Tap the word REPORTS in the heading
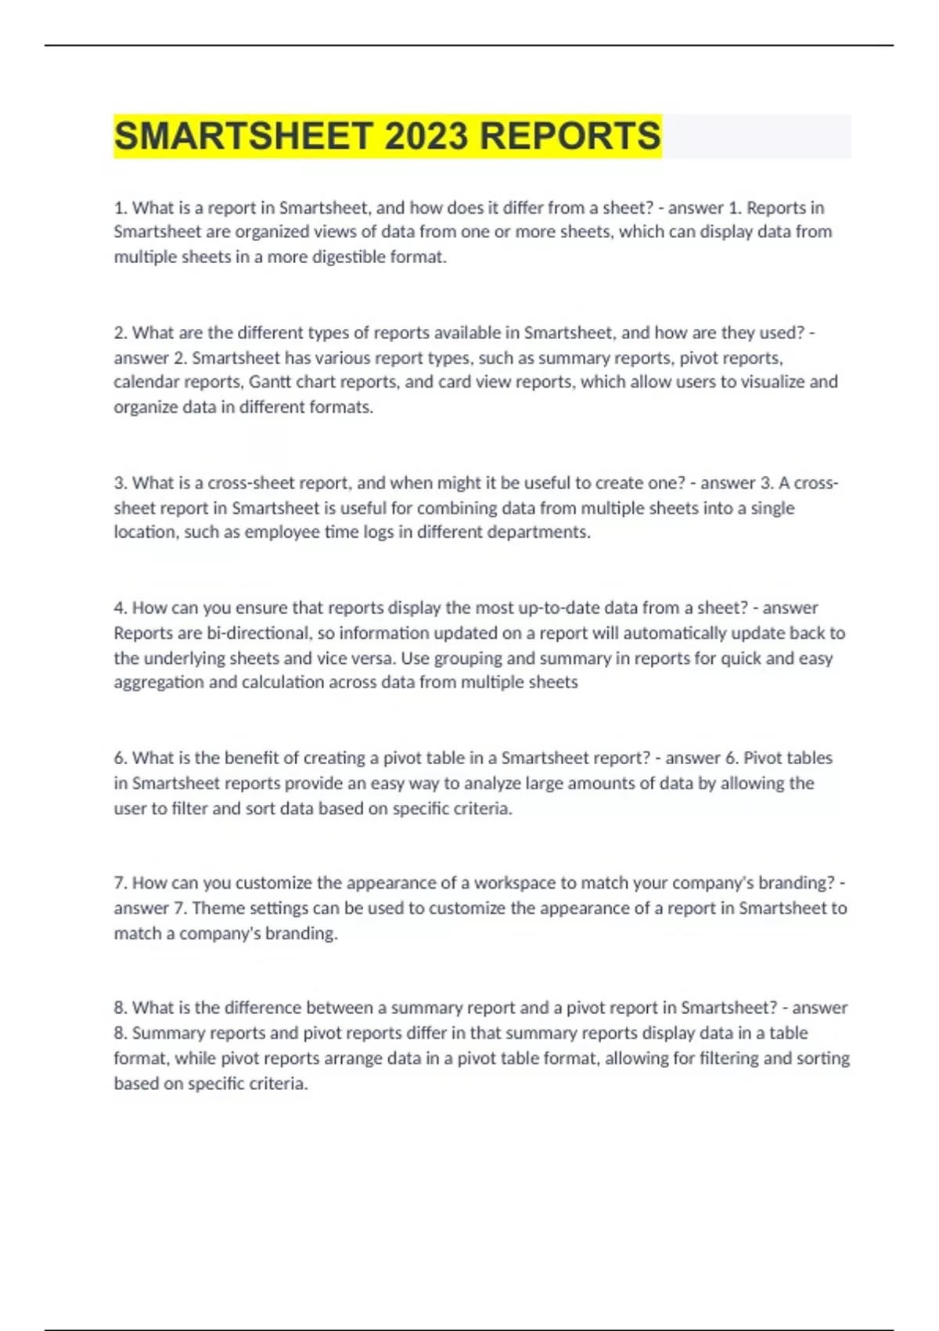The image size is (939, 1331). (570, 136)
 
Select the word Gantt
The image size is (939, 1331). (269, 382)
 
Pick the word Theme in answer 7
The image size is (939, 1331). (215, 908)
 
